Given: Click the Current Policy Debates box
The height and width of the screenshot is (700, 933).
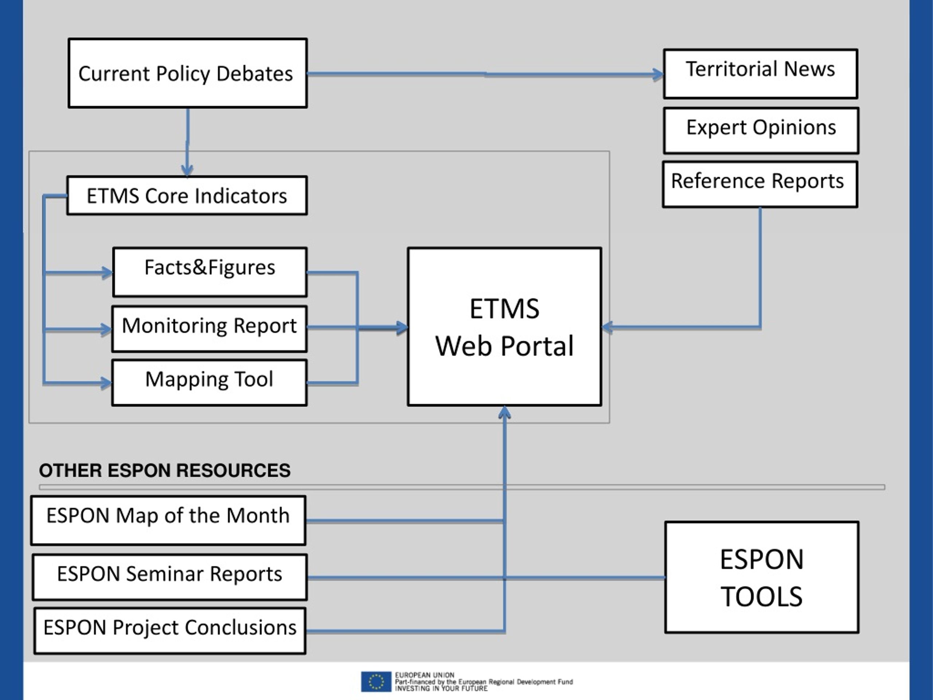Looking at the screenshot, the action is [x=188, y=73].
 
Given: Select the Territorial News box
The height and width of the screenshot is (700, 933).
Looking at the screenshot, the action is [x=761, y=74].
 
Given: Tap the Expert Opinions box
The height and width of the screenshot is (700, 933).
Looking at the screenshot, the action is [x=761, y=131].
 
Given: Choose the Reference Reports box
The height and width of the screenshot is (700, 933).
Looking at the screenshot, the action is [x=760, y=184].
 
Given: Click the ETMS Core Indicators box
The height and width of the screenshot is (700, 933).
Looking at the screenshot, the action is [x=187, y=195].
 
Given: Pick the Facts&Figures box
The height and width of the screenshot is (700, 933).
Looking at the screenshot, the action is [x=210, y=272].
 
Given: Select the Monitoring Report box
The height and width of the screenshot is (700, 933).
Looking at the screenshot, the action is [x=209, y=329].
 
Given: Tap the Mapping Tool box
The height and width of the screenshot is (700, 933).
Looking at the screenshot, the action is [x=209, y=383].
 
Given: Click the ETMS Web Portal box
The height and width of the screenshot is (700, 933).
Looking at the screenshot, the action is [x=504, y=327].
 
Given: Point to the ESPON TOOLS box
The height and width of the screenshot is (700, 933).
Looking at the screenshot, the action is [x=762, y=577].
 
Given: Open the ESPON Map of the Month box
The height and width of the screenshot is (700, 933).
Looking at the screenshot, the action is [x=168, y=520].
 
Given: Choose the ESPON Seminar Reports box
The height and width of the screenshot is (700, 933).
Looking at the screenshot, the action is [x=169, y=577].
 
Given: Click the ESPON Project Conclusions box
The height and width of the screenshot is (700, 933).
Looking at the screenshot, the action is [x=170, y=631].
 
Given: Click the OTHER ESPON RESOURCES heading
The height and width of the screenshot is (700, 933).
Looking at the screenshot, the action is [x=164, y=470].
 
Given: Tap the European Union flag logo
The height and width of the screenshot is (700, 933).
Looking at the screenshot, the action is [x=376, y=681].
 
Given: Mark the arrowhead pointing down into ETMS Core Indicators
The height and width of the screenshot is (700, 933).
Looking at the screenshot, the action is [x=187, y=171].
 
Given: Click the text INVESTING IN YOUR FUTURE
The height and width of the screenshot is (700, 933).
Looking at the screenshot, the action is [x=441, y=688].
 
